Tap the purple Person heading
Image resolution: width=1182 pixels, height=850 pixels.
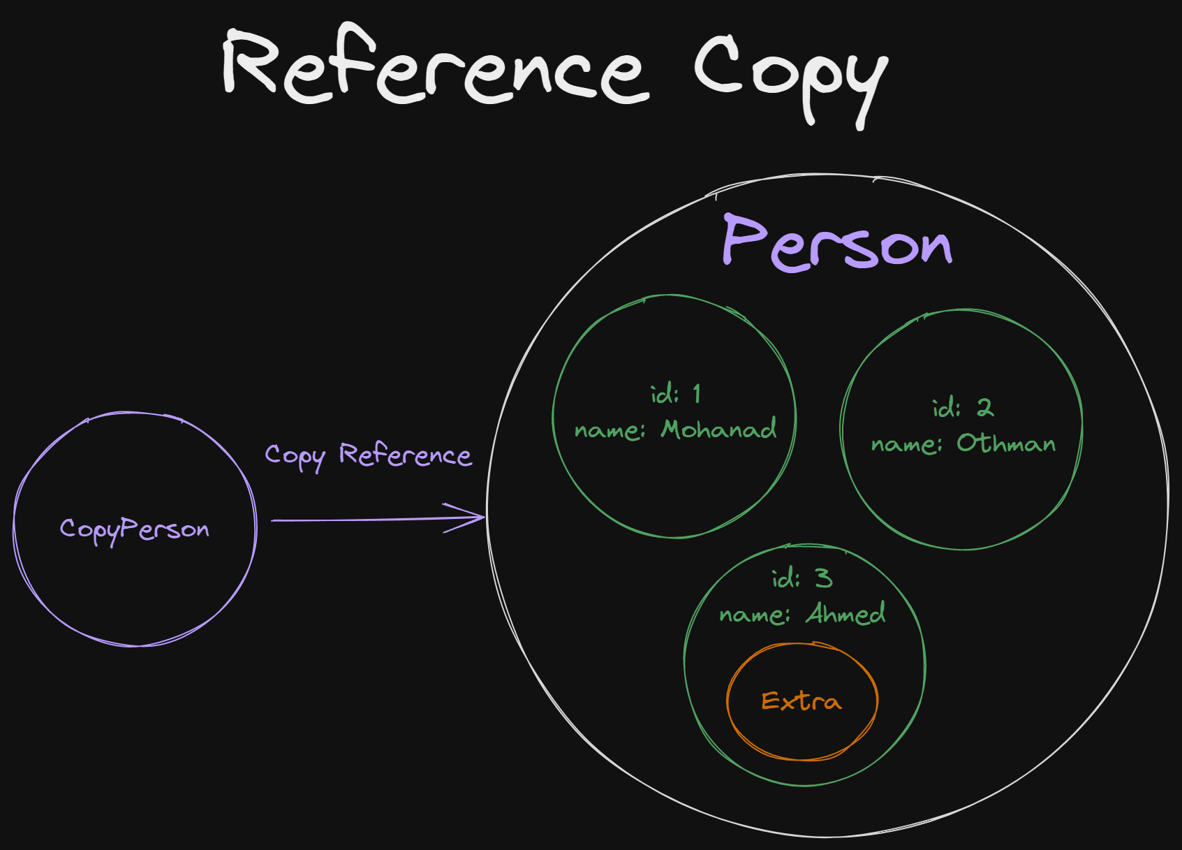click(837, 243)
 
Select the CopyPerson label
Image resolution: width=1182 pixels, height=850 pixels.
click(134, 529)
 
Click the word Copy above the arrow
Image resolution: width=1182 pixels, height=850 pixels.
click(295, 456)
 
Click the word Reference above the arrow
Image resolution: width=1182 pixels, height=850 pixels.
click(405, 455)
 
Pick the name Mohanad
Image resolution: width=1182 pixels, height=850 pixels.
click(718, 429)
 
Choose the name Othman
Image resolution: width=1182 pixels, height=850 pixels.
click(1005, 443)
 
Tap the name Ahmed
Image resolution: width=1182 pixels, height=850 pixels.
click(845, 613)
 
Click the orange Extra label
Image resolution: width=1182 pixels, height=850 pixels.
click(801, 701)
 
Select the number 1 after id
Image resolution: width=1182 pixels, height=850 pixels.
click(696, 394)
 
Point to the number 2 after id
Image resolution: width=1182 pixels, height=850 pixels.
click(984, 407)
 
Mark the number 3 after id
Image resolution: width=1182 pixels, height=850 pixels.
click(824, 578)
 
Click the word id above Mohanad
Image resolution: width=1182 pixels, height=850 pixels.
click(664, 395)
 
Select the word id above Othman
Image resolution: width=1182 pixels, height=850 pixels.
click(946, 408)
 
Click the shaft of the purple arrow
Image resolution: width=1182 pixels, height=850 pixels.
click(363, 520)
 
